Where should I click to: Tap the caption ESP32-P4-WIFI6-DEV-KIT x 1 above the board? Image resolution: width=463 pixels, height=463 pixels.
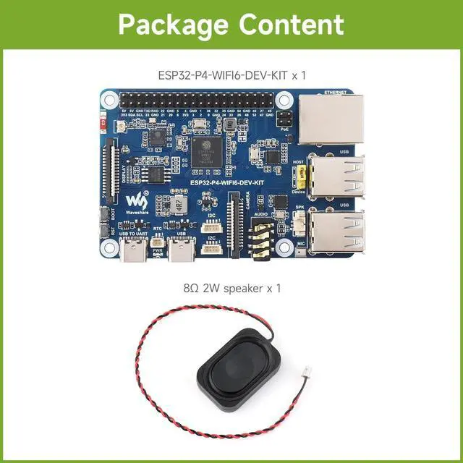point(231,75)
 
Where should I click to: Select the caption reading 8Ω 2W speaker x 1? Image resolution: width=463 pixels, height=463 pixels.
point(231,288)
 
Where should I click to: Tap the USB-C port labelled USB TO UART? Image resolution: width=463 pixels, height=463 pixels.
point(132,252)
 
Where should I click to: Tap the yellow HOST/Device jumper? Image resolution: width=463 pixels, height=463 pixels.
point(297,175)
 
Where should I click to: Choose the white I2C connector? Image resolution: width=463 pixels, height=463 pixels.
point(211,249)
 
